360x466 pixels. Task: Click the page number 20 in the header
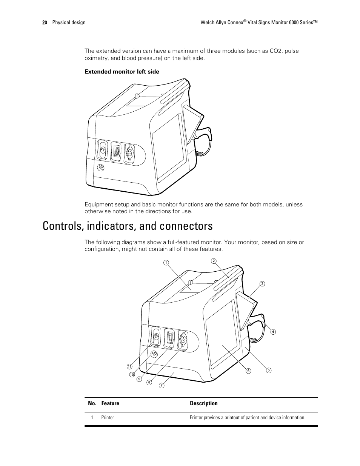click(45, 23)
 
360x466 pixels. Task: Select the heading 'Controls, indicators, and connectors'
click(128, 226)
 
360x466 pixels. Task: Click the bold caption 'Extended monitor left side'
click(122, 72)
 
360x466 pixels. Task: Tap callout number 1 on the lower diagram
click(165, 262)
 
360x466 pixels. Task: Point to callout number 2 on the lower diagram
click(213, 261)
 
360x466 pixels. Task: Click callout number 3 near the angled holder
click(262, 283)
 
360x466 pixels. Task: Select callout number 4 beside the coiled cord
click(273, 332)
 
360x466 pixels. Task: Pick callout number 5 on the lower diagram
click(269, 370)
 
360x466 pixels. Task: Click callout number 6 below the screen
click(248, 371)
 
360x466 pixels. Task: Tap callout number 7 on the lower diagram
click(161, 385)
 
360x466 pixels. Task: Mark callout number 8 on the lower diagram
click(149, 382)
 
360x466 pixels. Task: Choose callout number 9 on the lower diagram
click(139, 379)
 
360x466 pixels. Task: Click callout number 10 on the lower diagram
click(132, 375)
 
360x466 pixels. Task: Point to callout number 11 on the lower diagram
click(129, 366)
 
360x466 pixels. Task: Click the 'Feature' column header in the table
click(110, 403)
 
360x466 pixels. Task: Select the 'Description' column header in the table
click(203, 403)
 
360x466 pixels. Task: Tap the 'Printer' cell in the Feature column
click(108, 418)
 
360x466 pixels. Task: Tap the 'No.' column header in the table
click(92, 403)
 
